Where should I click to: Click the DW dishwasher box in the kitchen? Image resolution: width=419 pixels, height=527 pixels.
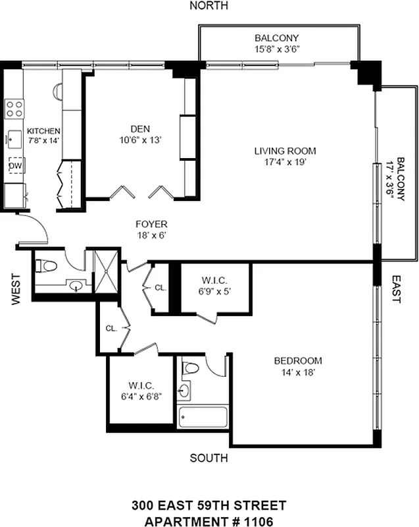(15, 166)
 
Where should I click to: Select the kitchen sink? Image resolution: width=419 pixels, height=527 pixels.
(14, 138)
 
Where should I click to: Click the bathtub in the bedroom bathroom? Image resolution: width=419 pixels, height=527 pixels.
(203, 417)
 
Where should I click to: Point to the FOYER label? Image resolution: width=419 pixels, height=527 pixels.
(151, 224)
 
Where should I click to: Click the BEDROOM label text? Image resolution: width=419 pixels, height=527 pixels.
(297, 360)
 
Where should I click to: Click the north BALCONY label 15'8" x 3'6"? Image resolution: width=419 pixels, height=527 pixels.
(277, 38)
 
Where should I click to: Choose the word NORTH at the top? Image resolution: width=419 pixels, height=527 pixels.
(209, 6)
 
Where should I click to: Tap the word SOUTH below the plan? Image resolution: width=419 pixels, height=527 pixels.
(209, 458)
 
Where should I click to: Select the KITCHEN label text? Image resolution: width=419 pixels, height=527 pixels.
(43, 131)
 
